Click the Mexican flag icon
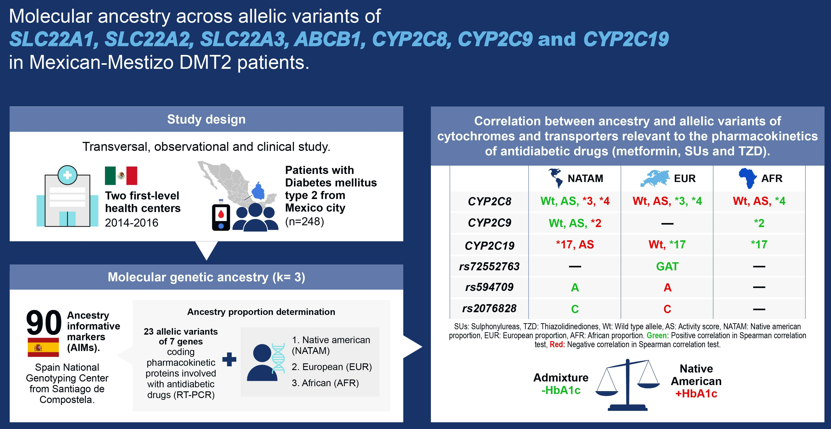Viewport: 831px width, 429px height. (121, 176)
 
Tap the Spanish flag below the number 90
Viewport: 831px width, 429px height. (43, 347)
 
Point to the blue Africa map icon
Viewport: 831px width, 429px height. (748, 178)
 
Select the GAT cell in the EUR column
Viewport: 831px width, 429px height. (667, 266)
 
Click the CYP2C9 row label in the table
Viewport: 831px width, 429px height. (489, 223)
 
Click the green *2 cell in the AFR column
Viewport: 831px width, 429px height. (759, 223)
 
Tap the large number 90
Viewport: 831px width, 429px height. (44, 322)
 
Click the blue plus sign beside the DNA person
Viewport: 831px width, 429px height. (229, 359)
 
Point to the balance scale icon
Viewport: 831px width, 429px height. (627, 385)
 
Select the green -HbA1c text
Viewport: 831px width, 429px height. (561, 390)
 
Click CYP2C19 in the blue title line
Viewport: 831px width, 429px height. (626, 39)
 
